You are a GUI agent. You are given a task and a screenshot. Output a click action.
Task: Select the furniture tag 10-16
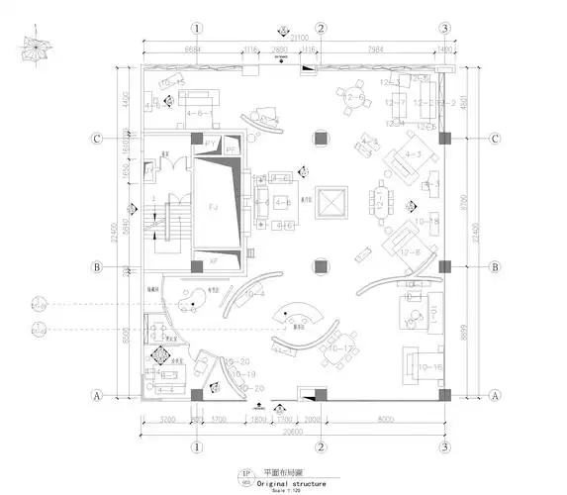pyautogui.click(x=429, y=367)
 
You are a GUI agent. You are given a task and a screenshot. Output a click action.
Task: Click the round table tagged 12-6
pyautogui.click(x=353, y=97)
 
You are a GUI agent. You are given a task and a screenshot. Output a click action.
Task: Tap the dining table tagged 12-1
pyautogui.click(x=380, y=205)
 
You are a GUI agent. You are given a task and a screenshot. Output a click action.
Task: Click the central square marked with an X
pyautogui.click(x=330, y=201)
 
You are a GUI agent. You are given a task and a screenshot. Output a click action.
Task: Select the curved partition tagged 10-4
pyautogui.click(x=254, y=294)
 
